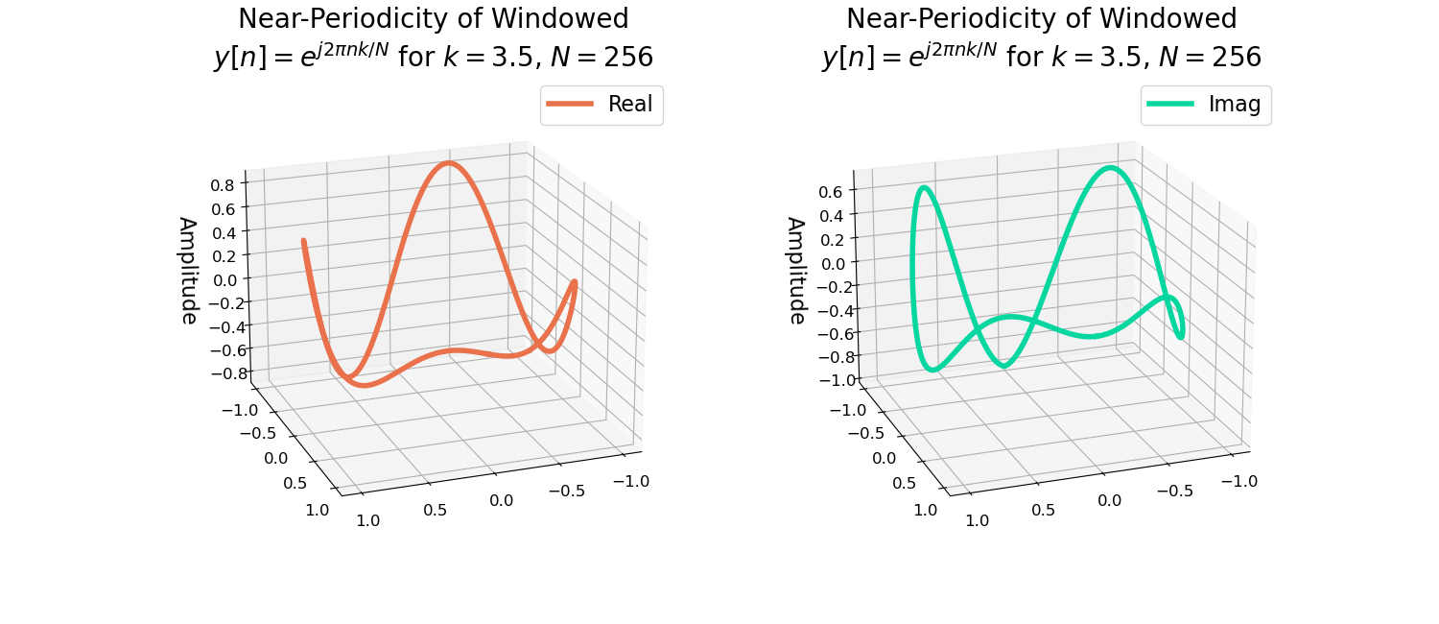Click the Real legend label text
coord(629,105)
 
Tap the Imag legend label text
coord(1234,105)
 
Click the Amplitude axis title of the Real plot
coord(188,270)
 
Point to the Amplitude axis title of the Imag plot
coord(796,270)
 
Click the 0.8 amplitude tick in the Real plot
coord(224,185)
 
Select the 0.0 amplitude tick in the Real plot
coord(224,280)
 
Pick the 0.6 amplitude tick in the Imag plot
coord(832,192)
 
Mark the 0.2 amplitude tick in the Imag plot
coord(832,239)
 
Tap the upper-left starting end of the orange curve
coord(303,241)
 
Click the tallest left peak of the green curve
coord(923,188)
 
